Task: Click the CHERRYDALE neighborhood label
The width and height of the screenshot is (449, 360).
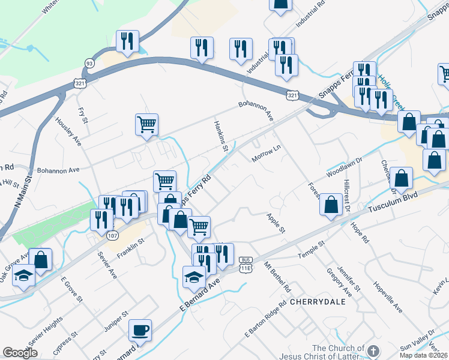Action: point(318,302)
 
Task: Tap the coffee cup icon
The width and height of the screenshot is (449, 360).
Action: point(140,331)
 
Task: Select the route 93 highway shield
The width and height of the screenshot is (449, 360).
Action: point(89,63)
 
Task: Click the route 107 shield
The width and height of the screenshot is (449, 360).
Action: point(112,219)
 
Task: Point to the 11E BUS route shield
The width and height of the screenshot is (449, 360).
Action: point(245,263)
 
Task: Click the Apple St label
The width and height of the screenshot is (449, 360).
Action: point(276,222)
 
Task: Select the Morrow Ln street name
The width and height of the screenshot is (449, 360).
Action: point(267,155)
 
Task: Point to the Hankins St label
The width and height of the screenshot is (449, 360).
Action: point(221,134)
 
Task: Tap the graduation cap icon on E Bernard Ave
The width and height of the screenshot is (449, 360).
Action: point(194,277)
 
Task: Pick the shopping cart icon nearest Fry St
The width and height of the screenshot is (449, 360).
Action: point(146,125)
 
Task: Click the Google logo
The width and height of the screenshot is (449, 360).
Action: point(20,353)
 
